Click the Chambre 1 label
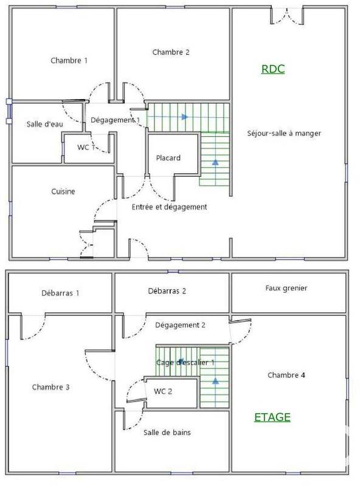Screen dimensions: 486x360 tap(69, 60)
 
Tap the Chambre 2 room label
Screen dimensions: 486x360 tap(171, 52)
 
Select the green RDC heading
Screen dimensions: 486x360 tap(273, 69)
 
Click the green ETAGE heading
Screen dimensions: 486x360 tap(272, 417)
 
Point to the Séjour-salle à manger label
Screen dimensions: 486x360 tap(284, 133)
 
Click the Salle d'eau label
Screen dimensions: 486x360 tap(44, 124)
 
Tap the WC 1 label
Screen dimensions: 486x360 tap(86, 147)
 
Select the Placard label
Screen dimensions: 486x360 tap(168, 158)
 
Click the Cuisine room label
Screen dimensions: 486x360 tap(63, 191)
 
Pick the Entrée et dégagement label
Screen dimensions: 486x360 tap(170, 207)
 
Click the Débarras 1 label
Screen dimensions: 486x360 tap(60, 293)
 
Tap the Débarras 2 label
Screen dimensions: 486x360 tap(166, 291)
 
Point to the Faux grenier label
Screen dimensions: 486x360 tap(286, 288)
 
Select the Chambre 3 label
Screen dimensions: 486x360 tap(50, 386)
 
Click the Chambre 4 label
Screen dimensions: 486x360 tap(286, 375)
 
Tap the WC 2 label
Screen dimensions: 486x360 tap(163, 391)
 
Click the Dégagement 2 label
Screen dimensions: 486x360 tap(180, 325)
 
